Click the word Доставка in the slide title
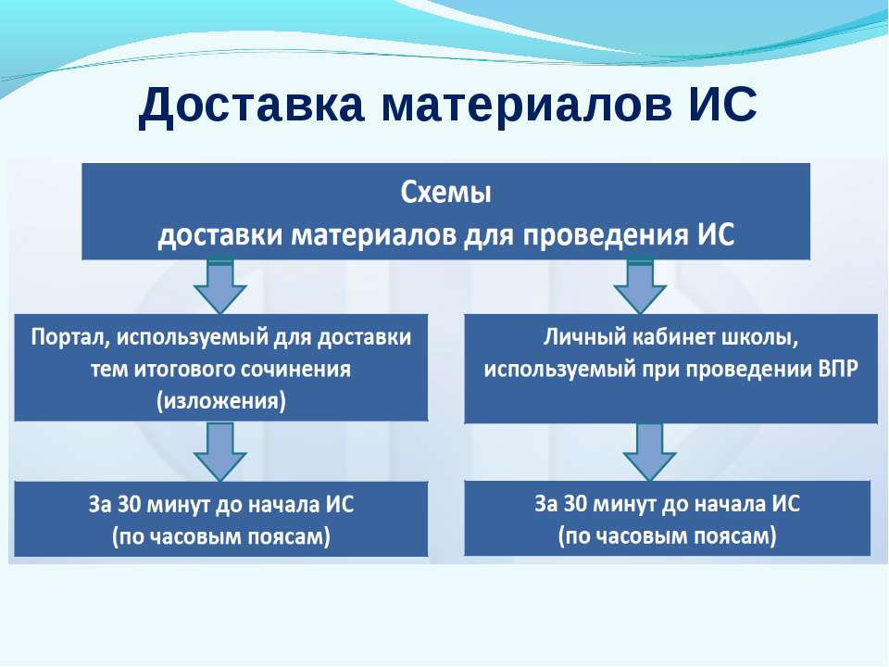(x=251, y=105)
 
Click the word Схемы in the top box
(x=445, y=193)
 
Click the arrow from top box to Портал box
(x=220, y=286)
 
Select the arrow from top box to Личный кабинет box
(x=640, y=286)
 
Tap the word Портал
(x=70, y=337)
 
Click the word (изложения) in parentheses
(x=221, y=401)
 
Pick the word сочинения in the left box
(x=296, y=370)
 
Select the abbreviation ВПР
(x=838, y=370)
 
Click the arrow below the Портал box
(x=220, y=452)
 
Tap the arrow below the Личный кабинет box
(x=650, y=452)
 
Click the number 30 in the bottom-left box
(x=129, y=504)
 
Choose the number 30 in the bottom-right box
(x=575, y=504)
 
